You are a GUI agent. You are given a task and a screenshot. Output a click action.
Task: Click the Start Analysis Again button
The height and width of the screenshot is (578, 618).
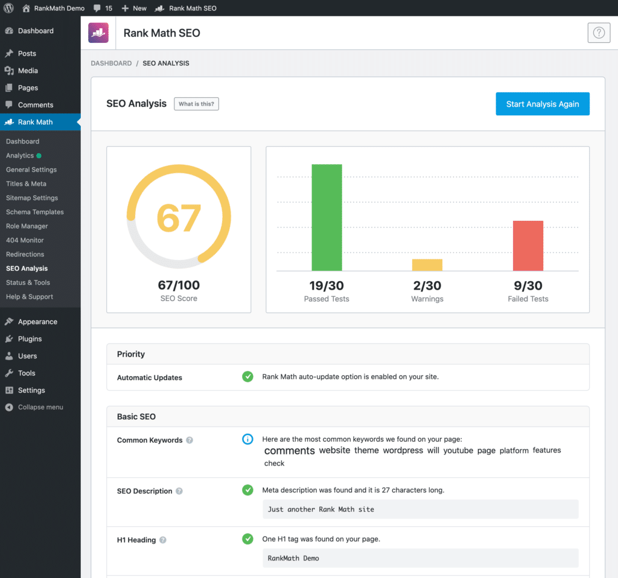[543, 104]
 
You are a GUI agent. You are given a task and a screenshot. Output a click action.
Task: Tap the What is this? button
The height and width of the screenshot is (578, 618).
[197, 104]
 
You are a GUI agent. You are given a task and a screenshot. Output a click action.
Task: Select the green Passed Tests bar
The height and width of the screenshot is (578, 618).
[327, 217]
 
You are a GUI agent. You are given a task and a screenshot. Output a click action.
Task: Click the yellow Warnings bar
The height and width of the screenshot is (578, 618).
[427, 265]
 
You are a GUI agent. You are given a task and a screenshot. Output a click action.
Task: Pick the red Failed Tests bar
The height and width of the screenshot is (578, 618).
[528, 246]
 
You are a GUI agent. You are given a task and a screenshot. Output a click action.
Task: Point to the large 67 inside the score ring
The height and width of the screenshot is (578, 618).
[179, 218]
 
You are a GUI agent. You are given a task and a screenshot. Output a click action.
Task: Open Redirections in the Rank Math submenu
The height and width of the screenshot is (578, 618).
[25, 254]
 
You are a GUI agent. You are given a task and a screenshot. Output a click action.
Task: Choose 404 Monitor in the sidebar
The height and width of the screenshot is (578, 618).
[25, 240]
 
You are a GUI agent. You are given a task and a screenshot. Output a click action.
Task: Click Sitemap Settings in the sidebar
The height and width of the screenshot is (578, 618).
[32, 198]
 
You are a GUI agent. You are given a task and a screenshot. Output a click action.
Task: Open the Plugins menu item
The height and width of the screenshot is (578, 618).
[30, 339]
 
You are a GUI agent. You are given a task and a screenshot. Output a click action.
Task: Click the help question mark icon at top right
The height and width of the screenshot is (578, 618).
[599, 33]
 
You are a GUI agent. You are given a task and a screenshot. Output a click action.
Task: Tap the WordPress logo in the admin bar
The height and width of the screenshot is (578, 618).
[9, 8]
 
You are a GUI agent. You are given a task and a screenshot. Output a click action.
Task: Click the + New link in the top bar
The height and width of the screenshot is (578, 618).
[134, 8]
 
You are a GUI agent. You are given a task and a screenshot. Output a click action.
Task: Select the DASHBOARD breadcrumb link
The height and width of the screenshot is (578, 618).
[111, 63]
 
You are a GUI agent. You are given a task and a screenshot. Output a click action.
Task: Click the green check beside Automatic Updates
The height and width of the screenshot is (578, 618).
[247, 376]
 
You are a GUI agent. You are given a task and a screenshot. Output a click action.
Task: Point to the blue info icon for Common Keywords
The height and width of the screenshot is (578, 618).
[247, 439]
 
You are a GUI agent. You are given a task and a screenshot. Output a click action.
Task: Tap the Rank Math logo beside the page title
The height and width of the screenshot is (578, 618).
[98, 33]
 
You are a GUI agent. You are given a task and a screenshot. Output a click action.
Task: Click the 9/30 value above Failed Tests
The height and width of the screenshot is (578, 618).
[528, 285]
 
